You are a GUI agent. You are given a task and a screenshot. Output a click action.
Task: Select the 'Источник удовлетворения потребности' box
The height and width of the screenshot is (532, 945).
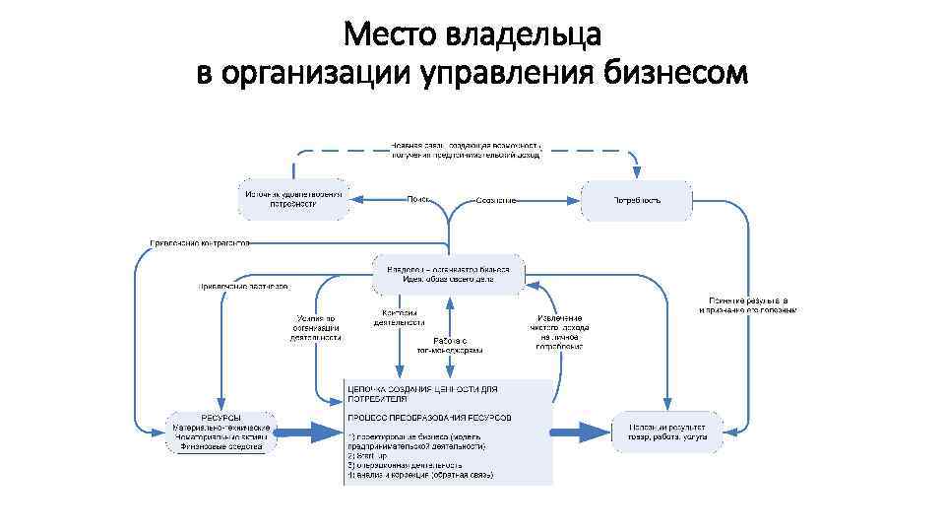[294, 200]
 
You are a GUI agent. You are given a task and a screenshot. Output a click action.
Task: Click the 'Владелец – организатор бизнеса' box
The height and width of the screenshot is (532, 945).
[448, 273]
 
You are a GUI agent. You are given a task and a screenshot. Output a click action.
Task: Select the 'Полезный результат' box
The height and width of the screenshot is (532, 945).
[666, 431]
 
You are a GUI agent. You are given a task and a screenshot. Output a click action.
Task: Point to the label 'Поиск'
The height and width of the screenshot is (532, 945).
[419, 199]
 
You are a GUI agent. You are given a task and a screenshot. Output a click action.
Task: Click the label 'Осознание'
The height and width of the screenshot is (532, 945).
[496, 201]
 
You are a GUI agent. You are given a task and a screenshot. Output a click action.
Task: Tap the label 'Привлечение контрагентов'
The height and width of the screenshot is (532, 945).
[200, 242]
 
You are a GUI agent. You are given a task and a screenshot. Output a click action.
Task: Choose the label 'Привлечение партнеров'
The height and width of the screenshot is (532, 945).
[241, 287]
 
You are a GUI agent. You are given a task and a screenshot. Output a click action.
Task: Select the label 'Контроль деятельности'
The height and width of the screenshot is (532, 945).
[399, 317]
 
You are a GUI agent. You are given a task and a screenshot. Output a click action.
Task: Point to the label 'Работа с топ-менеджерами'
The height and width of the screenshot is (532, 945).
[450, 345]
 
